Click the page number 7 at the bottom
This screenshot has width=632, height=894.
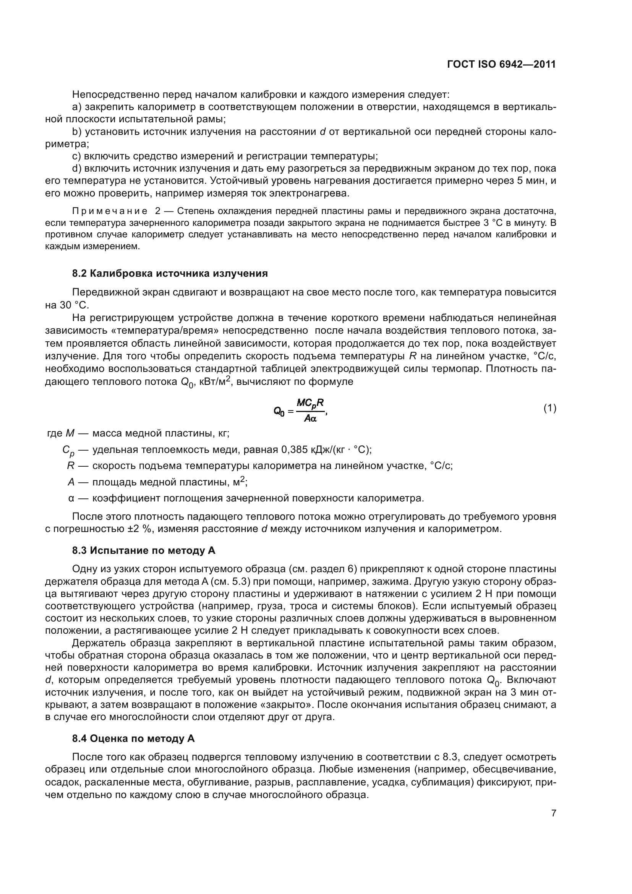tap(553, 813)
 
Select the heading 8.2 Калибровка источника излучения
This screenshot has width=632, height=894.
tap(170, 273)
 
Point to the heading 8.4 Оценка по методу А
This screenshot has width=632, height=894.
tap(133, 739)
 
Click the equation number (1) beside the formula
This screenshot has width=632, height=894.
tap(549, 408)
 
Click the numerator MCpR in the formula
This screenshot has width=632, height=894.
tap(310, 402)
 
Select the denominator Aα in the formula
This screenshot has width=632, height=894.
tap(310, 419)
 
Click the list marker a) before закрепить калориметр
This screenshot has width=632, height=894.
tap(77, 107)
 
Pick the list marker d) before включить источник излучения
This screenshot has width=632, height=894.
tap(77, 169)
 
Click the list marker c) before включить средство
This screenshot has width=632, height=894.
tap(77, 156)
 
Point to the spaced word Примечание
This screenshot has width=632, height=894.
tap(110, 211)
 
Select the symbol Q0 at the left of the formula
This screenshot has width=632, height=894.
tap(279, 411)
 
